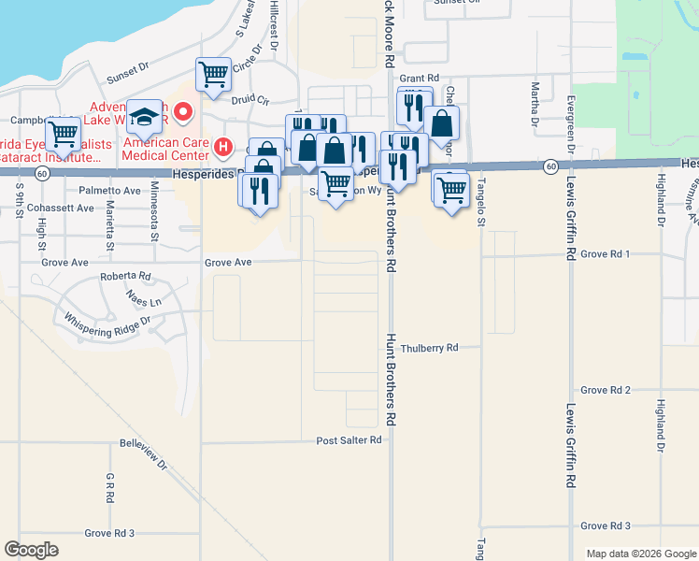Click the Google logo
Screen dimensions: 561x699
click(x=32, y=550)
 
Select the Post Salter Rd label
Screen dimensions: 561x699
click(x=349, y=439)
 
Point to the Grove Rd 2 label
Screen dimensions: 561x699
click(x=606, y=390)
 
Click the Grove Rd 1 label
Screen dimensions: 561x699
click(x=606, y=253)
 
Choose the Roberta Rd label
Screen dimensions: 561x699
click(x=125, y=277)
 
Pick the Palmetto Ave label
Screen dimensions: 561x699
click(x=109, y=190)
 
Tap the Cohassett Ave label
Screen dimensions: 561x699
click(x=57, y=208)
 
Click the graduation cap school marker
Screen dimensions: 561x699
click(x=144, y=117)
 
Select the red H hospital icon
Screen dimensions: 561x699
click(x=222, y=146)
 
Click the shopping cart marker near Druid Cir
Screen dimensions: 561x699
click(x=213, y=74)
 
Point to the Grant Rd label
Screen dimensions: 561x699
click(x=419, y=78)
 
